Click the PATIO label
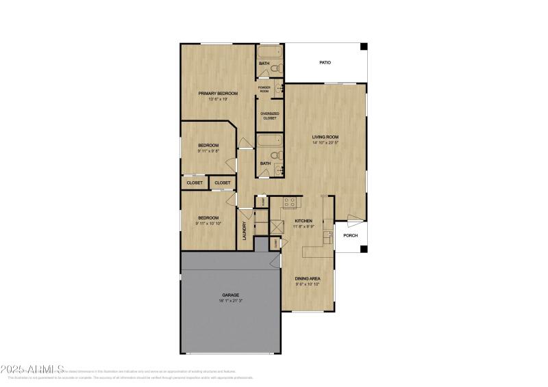click(x=325, y=63)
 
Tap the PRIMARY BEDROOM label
click(x=218, y=93)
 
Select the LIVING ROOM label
click(x=325, y=137)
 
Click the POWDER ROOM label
click(x=264, y=90)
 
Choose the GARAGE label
click(x=230, y=295)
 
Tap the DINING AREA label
click(x=308, y=278)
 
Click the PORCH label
click(x=351, y=235)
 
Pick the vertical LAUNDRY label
click(x=244, y=230)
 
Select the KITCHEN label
click(x=303, y=221)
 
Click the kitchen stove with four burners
click(x=289, y=202)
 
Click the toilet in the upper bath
click(x=275, y=69)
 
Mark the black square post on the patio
click(x=364, y=46)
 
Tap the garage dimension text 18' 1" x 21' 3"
click(x=230, y=301)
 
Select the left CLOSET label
click(x=195, y=183)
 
